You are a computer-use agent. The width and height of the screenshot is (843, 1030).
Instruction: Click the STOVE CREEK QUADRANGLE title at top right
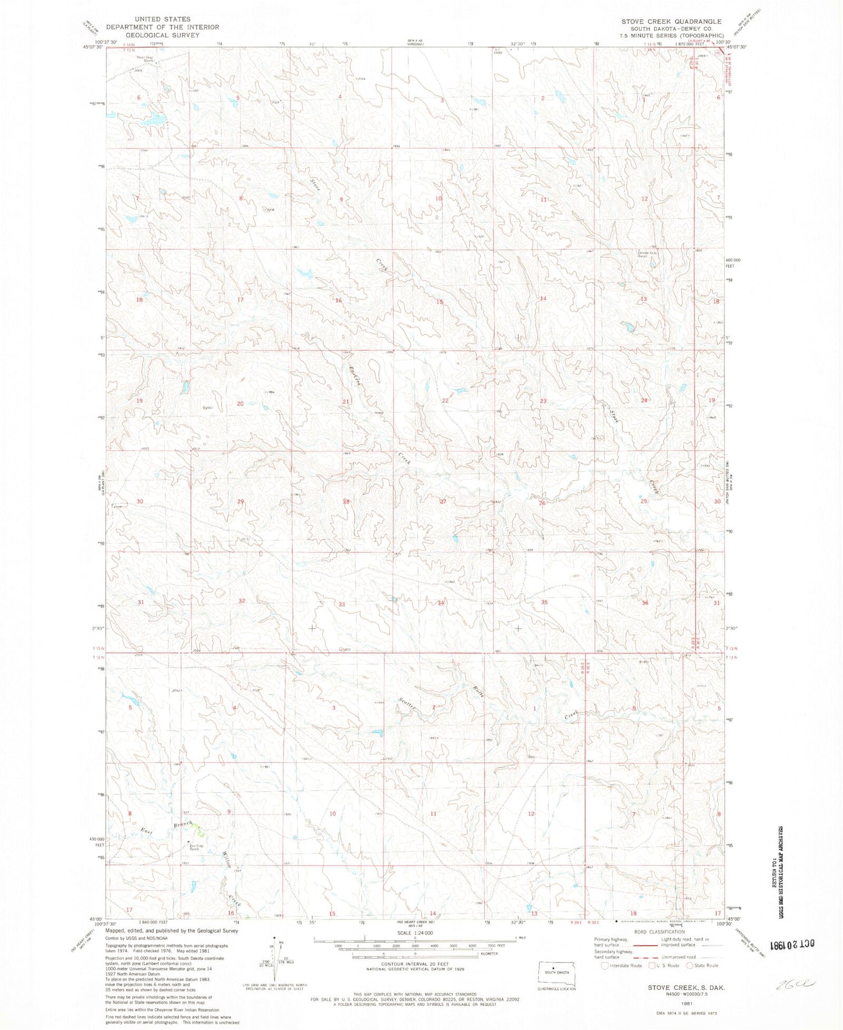pyautogui.click(x=670, y=21)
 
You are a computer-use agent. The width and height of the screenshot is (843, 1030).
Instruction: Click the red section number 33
pyautogui.click(x=341, y=604)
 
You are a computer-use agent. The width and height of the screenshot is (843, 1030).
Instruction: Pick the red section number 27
pyautogui.click(x=443, y=501)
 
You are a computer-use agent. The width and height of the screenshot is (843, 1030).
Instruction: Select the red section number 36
pyautogui.click(x=645, y=603)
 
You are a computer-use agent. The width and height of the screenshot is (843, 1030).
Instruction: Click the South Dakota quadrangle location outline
pyautogui.click(x=554, y=971)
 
